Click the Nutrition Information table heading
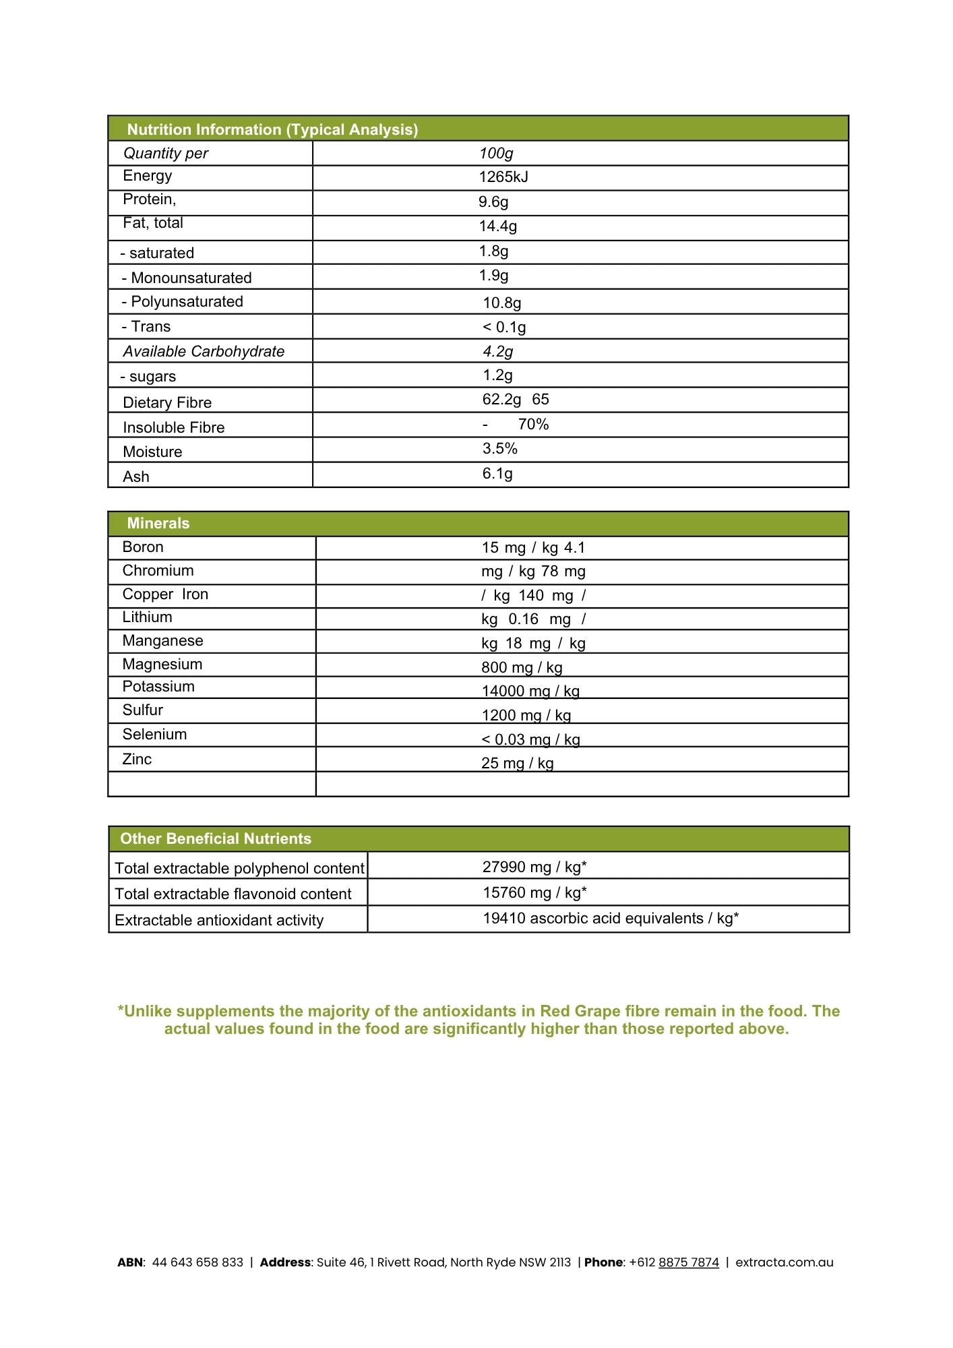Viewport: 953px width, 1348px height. pyautogui.click(x=272, y=129)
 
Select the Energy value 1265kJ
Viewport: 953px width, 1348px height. pyautogui.click(x=503, y=177)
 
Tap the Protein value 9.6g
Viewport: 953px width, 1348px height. pyautogui.click(x=493, y=202)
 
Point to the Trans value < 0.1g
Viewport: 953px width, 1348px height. pyautogui.click(x=504, y=328)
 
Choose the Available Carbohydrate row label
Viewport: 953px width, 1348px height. pyautogui.click(x=204, y=352)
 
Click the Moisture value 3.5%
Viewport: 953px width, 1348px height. pyautogui.click(x=500, y=449)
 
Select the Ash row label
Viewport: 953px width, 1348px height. pyautogui.click(x=136, y=477)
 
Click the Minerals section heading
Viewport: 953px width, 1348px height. pyautogui.click(x=158, y=524)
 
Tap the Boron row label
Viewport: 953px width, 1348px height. pyautogui.click(x=143, y=547)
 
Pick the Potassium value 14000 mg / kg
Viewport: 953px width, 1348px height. pyautogui.click(x=530, y=692)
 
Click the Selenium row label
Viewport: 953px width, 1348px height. pyautogui.click(x=154, y=735)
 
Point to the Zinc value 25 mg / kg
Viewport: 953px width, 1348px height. pyautogui.click(x=518, y=764)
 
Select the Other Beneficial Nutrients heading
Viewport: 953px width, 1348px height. pyautogui.click(x=216, y=839)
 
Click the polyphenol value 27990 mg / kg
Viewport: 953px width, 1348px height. pyautogui.click(x=534, y=867)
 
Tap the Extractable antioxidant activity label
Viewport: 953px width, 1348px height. pyautogui.click(x=219, y=921)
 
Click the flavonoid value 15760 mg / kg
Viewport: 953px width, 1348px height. pyautogui.click(x=534, y=893)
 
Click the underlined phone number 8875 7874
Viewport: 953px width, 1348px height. pyautogui.click(x=689, y=1262)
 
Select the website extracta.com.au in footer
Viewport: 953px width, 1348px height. pyautogui.click(x=785, y=1262)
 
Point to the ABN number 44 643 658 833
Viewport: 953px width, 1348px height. pyautogui.click(x=197, y=1262)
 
